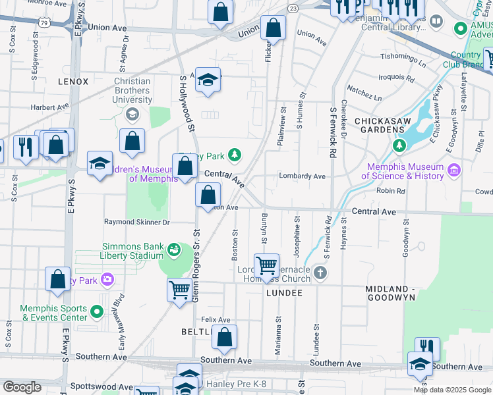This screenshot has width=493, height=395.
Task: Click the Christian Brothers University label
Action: coord(132,90)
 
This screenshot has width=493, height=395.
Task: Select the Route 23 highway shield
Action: coord(293,7)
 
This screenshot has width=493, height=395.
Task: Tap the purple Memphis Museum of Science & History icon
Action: coord(453,171)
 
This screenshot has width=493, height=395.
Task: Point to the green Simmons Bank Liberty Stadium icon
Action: coord(174,249)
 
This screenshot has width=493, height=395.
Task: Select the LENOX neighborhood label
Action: coord(73,82)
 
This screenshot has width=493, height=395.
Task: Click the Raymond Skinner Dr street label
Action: coord(137,223)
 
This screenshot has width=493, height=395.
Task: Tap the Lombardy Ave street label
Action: coord(302,176)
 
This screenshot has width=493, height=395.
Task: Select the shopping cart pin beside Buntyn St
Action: coord(266,266)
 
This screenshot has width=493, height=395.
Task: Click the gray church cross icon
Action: coord(320,271)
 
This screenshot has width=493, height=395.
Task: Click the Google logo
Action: coord(22,387)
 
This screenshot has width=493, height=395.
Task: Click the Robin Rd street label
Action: coord(390,191)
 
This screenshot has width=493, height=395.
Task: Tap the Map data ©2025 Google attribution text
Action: coord(451,390)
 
